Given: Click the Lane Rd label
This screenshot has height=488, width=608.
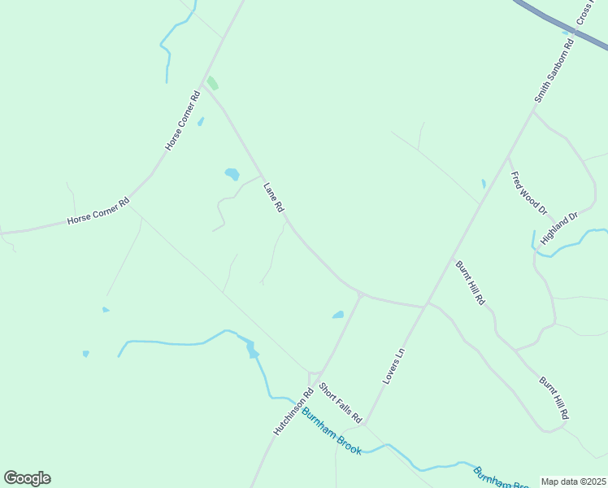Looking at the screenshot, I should tap(273, 198).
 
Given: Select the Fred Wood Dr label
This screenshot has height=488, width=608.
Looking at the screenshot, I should tap(528, 193).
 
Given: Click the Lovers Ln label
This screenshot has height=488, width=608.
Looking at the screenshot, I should tap(393, 366).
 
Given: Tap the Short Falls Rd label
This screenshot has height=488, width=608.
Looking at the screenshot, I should tap(340, 403).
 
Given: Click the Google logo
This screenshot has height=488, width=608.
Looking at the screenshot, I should tap(27, 478).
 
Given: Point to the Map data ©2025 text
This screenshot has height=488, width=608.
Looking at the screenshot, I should tap(574, 481).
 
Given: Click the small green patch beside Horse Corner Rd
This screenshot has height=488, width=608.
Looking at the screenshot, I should tap(213, 83).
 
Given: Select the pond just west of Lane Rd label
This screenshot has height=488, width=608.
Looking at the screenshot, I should tap(232, 174).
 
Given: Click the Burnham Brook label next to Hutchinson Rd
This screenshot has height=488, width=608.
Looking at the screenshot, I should tap(332, 431).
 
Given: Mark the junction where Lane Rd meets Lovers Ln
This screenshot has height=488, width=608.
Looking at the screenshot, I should tap(426, 307).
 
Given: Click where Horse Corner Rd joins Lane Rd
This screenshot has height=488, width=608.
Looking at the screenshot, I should tap(204, 87).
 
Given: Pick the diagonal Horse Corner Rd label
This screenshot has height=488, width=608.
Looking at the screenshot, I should tap(183, 121).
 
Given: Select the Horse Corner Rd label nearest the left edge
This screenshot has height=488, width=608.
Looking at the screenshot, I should tap(98, 214).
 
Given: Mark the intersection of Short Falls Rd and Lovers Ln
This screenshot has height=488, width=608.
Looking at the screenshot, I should tap(364, 424).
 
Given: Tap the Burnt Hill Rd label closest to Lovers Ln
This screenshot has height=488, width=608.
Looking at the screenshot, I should tap(469, 282).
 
